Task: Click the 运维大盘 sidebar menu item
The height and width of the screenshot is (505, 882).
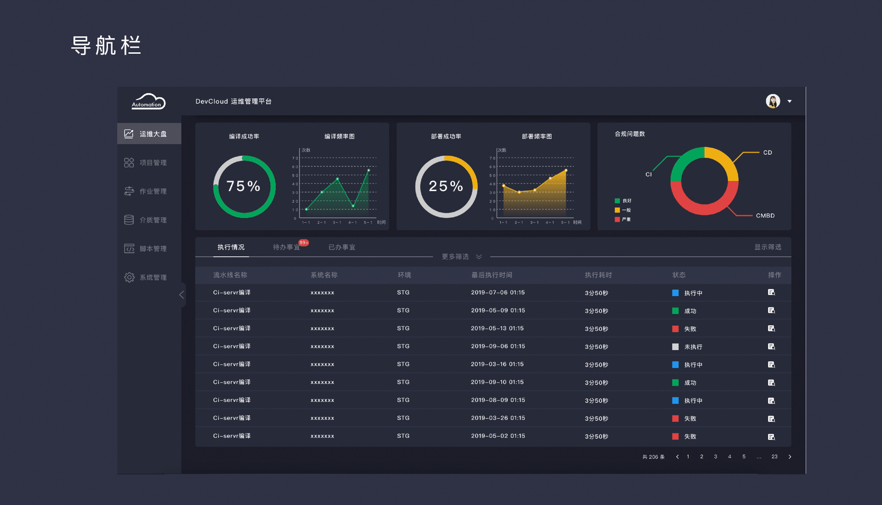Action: click(149, 134)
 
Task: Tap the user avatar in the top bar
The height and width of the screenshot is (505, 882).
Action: click(773, 101)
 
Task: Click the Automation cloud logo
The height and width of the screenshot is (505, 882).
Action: click(148, 101)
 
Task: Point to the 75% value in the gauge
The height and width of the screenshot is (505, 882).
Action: click(243, 186)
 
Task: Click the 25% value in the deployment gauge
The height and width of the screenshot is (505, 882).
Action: click(446, 186)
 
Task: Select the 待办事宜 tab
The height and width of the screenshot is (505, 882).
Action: click(286, 247)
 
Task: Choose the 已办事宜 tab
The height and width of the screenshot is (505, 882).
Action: click(342, 247)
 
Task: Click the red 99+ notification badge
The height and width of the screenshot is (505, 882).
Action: click(304, 242)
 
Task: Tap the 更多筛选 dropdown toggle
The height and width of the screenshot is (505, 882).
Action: click(462, 257)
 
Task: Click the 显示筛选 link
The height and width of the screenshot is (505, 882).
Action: click(768, 247)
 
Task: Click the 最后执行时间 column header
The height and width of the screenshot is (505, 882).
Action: click(492, 275)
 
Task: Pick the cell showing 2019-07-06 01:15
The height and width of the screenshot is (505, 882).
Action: click(498, 292)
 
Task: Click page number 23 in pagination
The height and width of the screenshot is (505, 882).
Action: click(775, 457)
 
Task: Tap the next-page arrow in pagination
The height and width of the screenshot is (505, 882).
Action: click(790, 457)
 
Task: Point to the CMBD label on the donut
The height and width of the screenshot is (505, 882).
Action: click(765, 216)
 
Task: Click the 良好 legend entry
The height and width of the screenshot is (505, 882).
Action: click(623, 201)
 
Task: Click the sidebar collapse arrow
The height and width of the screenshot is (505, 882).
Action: click(182, 295)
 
